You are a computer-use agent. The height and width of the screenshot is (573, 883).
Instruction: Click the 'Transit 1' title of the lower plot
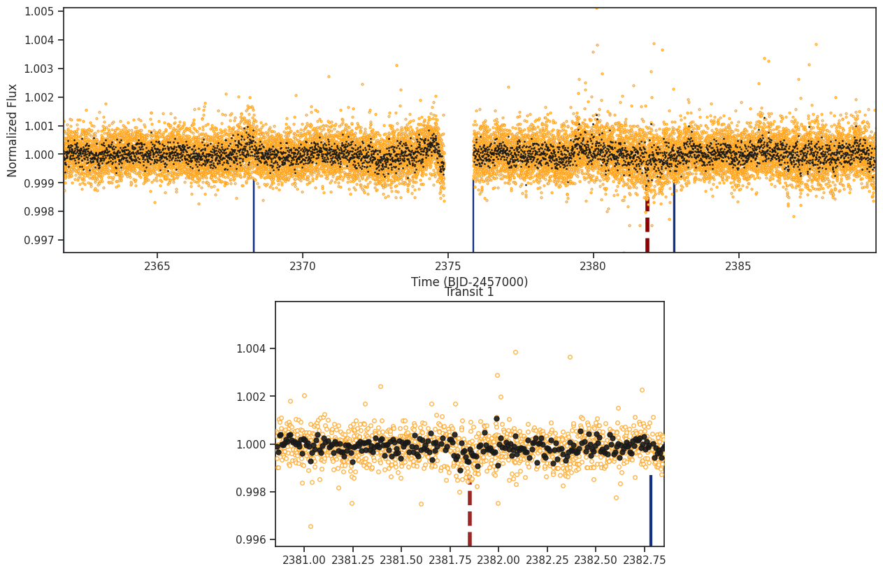pos(469,292)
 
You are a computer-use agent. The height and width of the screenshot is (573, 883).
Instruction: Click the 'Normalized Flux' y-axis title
pos(13,130)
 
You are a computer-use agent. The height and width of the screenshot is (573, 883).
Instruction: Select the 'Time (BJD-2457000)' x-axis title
pos(469,282)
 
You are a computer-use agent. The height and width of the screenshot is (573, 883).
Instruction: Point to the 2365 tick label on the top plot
pos(157,266)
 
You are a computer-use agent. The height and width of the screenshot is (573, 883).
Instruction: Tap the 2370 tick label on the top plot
pos(302,266)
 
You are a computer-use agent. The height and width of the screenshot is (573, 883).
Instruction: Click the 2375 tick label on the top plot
pos(447,266)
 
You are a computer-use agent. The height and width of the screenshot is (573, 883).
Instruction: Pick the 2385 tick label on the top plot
pos(738,266)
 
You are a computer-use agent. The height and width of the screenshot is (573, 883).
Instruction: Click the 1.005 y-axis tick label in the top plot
pos(40,11)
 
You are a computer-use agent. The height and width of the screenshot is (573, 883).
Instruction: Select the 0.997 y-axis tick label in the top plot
pos(40,240)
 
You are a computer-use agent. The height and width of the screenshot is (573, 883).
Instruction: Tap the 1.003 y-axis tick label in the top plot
pos(40,69)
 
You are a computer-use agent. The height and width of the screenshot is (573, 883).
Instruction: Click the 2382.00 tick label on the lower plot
pos(498,560)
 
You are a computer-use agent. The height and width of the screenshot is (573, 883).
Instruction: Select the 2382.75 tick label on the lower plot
pos(644,560)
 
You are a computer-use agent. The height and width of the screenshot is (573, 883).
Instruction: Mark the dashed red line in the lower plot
pos(470,518)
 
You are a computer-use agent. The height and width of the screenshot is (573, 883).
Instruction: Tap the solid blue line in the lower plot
pos(651,511)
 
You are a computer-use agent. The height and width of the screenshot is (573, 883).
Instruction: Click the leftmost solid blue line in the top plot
pos(254,217)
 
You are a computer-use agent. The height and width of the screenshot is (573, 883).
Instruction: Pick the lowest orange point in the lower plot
pos(310,526)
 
